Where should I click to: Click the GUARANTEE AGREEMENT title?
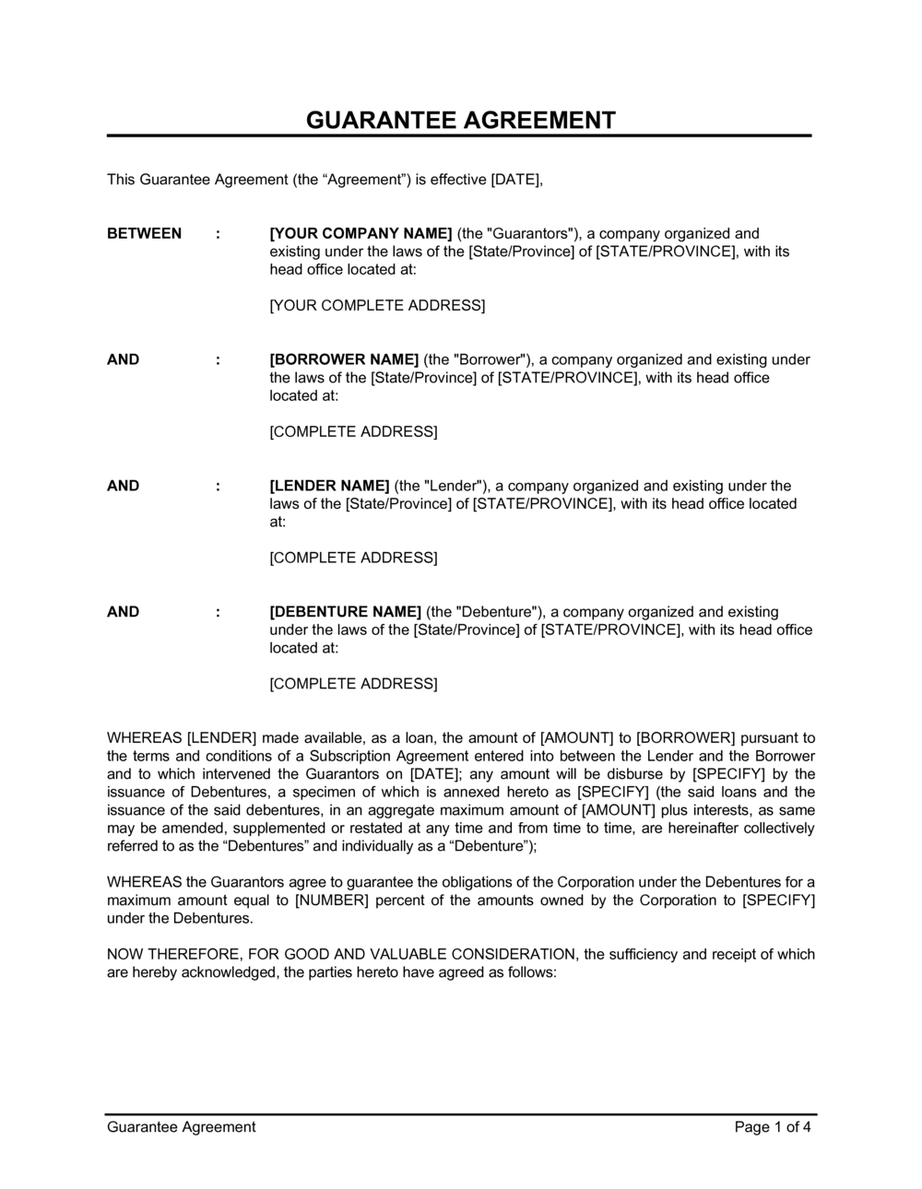pos(460,120)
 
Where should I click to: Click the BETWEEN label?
pos(144,233)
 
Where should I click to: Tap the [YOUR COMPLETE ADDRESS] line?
pos(376,305)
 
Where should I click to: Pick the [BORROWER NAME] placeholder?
pos(344,359)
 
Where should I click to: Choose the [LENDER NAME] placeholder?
pos(329,486)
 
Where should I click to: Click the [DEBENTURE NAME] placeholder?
pos(345,612)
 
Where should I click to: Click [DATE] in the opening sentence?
pos(515,179)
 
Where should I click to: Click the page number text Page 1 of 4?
pos(773,1126)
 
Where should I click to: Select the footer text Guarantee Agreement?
pos(181,1126)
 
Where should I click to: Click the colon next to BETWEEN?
pos(218,233)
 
